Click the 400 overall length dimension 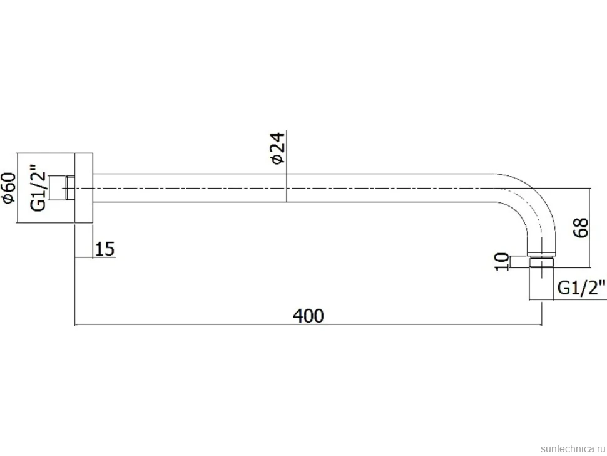coord(308,316)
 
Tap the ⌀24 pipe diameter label coord(278,149)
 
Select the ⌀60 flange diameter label coord(9,188)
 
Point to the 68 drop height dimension coord(581,228)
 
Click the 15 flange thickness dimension coord(105,249)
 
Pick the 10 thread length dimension coord(502,262)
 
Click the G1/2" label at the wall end coord(38,188)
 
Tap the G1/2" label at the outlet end coord(581,288)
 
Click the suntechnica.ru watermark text coord(573,448)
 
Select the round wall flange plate coord(84,188)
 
